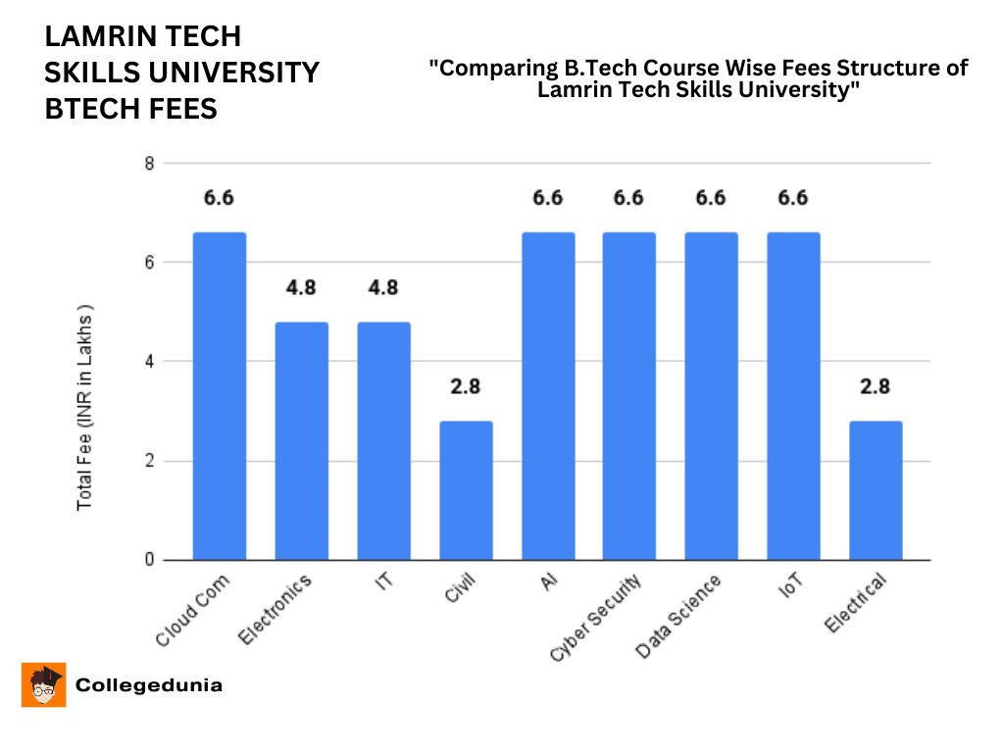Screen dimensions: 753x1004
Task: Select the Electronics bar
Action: (x=301, y=441)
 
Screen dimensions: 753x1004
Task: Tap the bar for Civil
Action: (x=466, y=490)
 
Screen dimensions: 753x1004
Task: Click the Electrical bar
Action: (x=875, y=490)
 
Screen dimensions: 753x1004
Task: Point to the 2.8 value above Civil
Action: (x=466, y=386)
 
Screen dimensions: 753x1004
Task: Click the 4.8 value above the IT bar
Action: (x=383, y=288)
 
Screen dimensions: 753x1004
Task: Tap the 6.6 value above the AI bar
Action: (x=547, y=198)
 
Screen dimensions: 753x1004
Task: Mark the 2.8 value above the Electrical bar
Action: (x=875, y=386)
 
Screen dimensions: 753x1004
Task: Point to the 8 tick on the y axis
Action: (x=149, y=164)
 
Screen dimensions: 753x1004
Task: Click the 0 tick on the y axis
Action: (x=149, y=560)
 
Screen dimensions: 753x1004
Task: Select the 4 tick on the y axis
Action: (x=149, y=362)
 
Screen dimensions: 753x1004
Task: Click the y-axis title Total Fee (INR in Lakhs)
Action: (x=85, y=407)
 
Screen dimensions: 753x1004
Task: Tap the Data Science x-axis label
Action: (x=679, y=617)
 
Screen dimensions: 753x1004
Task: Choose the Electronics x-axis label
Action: (x=276, y=611)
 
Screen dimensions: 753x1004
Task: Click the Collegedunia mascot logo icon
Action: (x=43, y=684)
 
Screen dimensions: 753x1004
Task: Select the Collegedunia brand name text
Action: (x=149, y=685)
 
